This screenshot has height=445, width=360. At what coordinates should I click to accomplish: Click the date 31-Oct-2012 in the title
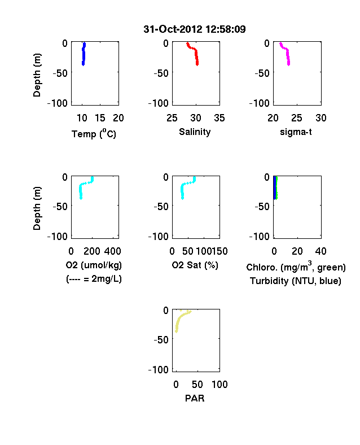click(x=173, y=29)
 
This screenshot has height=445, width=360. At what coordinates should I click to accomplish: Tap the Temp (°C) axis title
click(x=94, y=133)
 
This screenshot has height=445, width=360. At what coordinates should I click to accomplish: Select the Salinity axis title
click(x=195, y=132)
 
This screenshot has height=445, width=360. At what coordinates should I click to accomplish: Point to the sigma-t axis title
click(x=296, y=132)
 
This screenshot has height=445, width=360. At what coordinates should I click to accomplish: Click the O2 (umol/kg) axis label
click(x=94, y=265)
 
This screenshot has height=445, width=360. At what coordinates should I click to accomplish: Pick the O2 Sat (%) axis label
click(x=195, y=265)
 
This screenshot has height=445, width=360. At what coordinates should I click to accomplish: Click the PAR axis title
click(x=195, y=398)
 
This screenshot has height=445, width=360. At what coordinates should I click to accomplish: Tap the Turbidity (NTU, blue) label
click(x=296, y=281)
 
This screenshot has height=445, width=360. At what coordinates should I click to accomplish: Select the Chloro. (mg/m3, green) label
click(x=296, y=267)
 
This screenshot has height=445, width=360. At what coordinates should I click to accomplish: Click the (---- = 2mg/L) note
click(x=94, y=279)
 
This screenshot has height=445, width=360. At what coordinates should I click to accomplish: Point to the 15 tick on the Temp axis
click(x=100, y=118)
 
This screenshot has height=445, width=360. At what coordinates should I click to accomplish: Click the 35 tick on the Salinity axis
click(x=219, y=118)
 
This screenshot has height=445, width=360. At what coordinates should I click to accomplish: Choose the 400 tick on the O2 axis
click(x=112, y=251)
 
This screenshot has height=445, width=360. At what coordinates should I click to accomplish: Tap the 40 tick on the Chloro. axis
click(x=321, y=251)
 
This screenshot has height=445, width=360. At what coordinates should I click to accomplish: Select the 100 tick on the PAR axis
click(x=219, y=385)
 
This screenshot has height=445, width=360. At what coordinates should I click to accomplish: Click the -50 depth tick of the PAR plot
click(x=161, y=340)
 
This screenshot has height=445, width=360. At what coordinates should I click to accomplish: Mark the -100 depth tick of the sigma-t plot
click(x=260, y=103)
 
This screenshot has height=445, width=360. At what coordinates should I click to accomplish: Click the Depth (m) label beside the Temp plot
click(x=37, y=75)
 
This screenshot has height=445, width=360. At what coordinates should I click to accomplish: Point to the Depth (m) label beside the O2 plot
click(x=37, y=208)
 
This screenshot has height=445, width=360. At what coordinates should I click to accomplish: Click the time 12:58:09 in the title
click(x=226, y=29)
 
